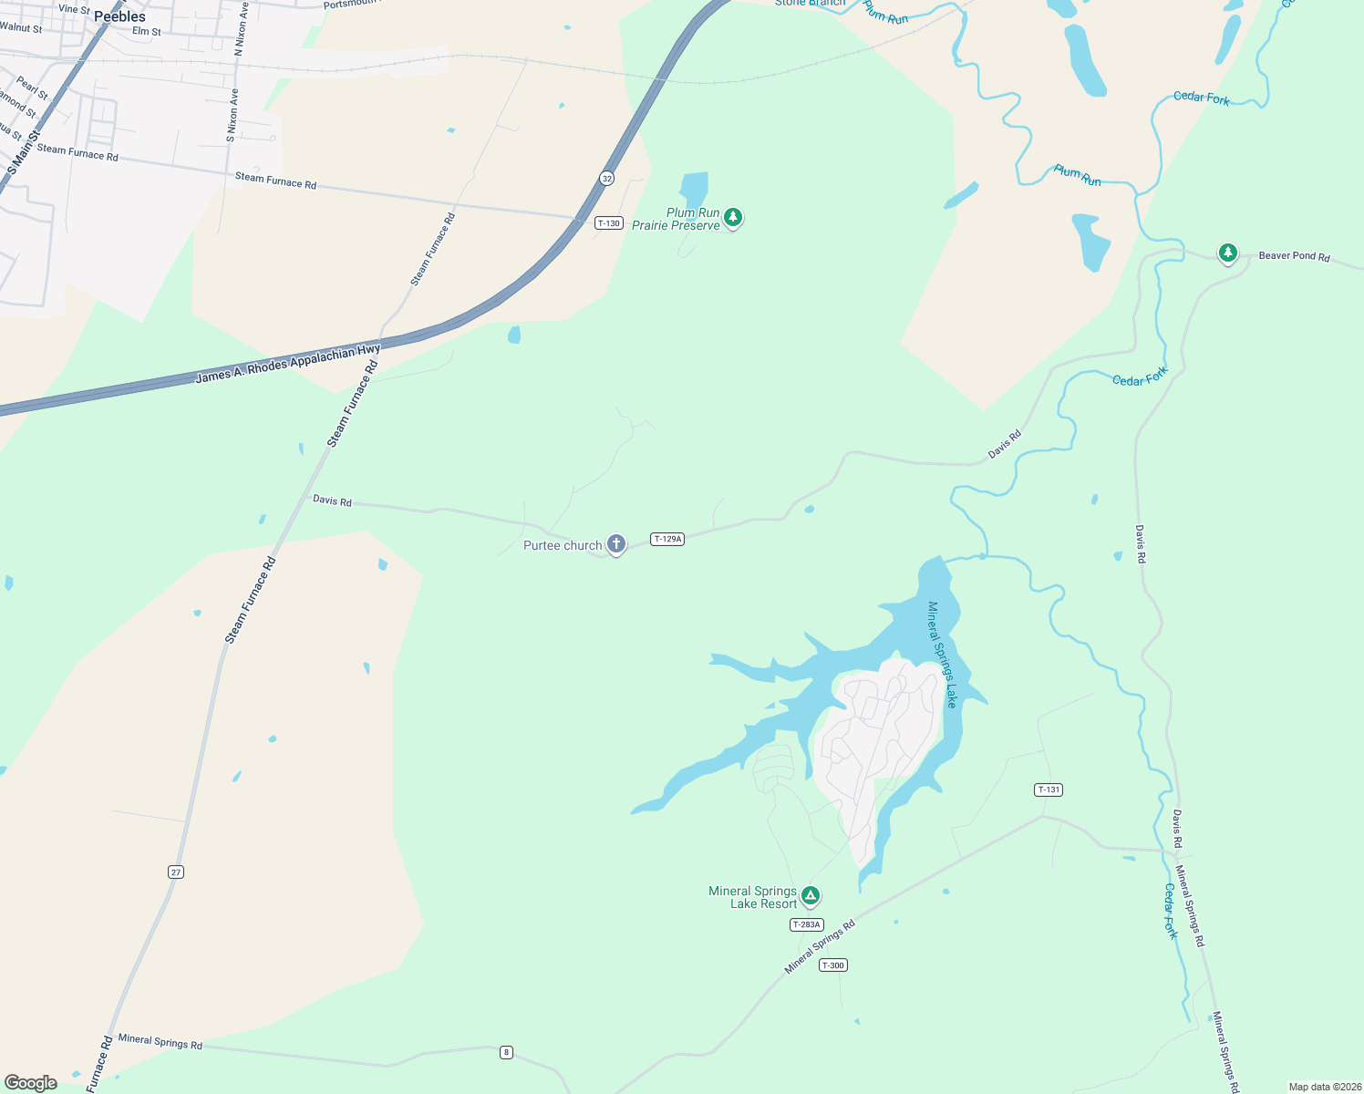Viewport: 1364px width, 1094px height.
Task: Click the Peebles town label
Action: click(x=119, y=16)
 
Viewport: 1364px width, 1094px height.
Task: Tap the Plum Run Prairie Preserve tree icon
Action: click(x=732, y=218)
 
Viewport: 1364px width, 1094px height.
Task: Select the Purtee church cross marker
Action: click(x=616, y=544)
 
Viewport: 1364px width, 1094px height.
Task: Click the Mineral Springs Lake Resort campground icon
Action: click(x=810, y=896)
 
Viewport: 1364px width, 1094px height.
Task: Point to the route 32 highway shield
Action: click(x=606, y=178)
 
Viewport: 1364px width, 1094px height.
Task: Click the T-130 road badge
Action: click(x=608, y=223)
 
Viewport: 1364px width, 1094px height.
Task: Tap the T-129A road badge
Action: click(x=667, y=539)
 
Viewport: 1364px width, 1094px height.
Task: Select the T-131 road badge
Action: click(x=1049, y=790)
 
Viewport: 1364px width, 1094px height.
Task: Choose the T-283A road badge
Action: click(x=806, y=924)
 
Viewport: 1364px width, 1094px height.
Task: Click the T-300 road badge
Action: click(x=832, y=965)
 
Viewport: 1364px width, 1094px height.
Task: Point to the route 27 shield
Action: click(x=176, y=872)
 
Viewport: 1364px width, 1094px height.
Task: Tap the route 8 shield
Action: click(x=506, y=1052)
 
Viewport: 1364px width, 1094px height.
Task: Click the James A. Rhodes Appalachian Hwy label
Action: click(x=287, y=364)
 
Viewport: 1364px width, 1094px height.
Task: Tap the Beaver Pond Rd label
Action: click(x=1294, y=256)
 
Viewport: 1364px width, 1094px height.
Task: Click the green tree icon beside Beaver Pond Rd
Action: click(x=1228, y=252)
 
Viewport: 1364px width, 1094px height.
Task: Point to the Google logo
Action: click(x=31, y=1083)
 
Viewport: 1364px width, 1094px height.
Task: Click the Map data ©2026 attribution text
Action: click(x=1324, y=1087)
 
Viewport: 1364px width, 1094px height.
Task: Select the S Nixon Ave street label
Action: click(x=233, y=116)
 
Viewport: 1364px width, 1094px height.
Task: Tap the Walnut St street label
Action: click(x=21, y=28)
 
